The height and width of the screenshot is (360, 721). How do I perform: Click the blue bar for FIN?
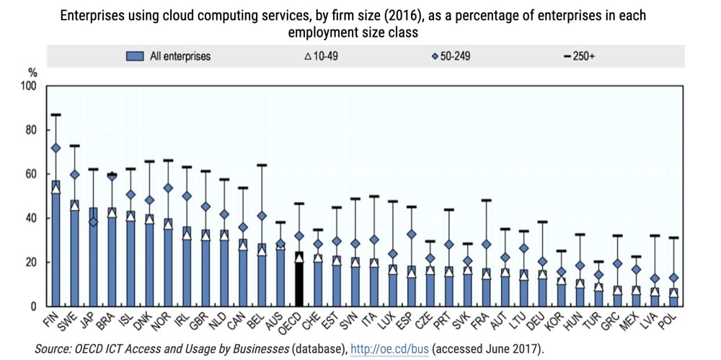pyautogui.click(x=55, y=245)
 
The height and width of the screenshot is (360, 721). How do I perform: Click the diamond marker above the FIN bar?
pyautogui.click(x=55, y=148)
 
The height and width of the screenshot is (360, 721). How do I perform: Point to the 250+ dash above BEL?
pyautogui.click(x=261, y=165)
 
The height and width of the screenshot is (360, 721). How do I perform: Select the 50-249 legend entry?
pyautogui.click(x=451, y=56)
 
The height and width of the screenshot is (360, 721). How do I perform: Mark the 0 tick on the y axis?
pyautogui.click(x=32, y=306)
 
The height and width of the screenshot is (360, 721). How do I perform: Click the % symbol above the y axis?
pyautogui.click(x=32, y=72)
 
